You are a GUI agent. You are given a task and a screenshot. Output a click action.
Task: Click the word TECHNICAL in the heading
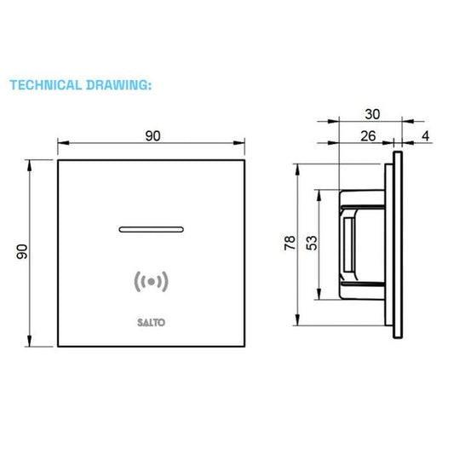46,85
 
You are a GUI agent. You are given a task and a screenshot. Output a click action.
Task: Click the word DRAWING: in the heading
119,85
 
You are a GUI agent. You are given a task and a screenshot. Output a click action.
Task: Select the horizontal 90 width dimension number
152,135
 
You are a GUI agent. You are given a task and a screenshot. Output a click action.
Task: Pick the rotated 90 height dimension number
22,251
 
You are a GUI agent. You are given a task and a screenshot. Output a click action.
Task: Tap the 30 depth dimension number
372,114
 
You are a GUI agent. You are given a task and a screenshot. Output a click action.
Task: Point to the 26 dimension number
368,135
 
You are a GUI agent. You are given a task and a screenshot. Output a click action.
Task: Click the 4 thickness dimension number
425,135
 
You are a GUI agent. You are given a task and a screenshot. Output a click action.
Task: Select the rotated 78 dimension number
290,243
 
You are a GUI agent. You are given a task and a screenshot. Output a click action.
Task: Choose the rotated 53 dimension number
312,243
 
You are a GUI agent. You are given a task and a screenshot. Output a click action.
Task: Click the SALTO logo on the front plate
151,323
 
